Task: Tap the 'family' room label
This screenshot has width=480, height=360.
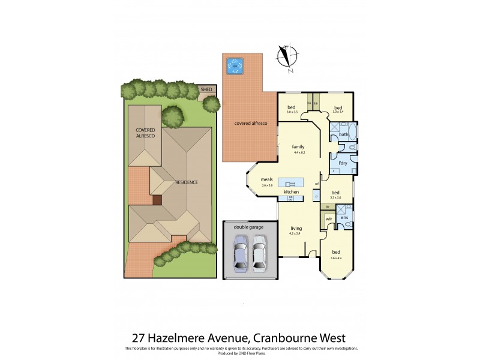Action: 298,146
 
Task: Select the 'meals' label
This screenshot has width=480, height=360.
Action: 267,179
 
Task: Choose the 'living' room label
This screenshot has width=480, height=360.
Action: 296,228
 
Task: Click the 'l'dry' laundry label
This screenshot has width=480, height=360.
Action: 343,163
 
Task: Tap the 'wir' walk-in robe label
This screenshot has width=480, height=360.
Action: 329,220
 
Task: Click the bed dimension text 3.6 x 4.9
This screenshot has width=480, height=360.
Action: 336,259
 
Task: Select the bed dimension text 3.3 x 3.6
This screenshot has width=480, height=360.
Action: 335,198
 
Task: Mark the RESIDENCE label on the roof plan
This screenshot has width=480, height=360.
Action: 187,182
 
